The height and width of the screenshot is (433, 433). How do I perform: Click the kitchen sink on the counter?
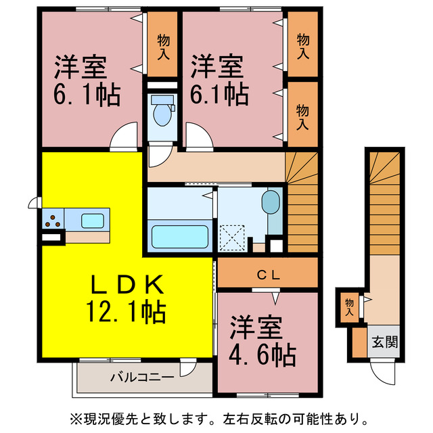point(93,220)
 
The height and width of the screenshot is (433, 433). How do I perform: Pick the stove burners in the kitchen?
point(53,220)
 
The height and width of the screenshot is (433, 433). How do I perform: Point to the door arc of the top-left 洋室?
point(124,137)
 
